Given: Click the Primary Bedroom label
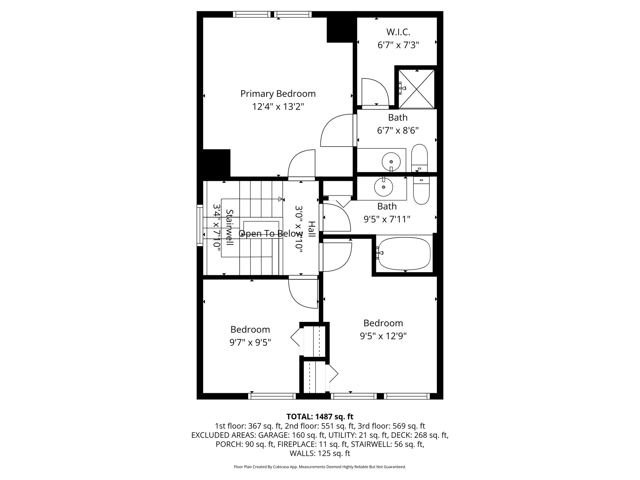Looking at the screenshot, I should point(278,94).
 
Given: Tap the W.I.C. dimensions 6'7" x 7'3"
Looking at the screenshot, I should point(398,45).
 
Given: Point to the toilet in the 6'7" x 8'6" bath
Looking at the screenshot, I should point(419,158).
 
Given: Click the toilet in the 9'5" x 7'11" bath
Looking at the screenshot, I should point(421,190).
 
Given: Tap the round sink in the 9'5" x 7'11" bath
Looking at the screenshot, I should point(383,187).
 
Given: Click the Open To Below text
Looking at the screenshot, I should point(271,234).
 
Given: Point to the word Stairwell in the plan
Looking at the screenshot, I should point(229,227).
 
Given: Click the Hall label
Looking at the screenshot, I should point(312,229).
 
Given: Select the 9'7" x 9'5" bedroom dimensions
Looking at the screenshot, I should point(250,343).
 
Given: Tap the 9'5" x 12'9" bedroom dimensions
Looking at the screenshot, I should point(383,336).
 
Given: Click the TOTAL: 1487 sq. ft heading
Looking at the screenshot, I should point(320,417).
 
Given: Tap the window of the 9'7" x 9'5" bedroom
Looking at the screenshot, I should point(272,396).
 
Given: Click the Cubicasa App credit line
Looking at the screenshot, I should point(320,467).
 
